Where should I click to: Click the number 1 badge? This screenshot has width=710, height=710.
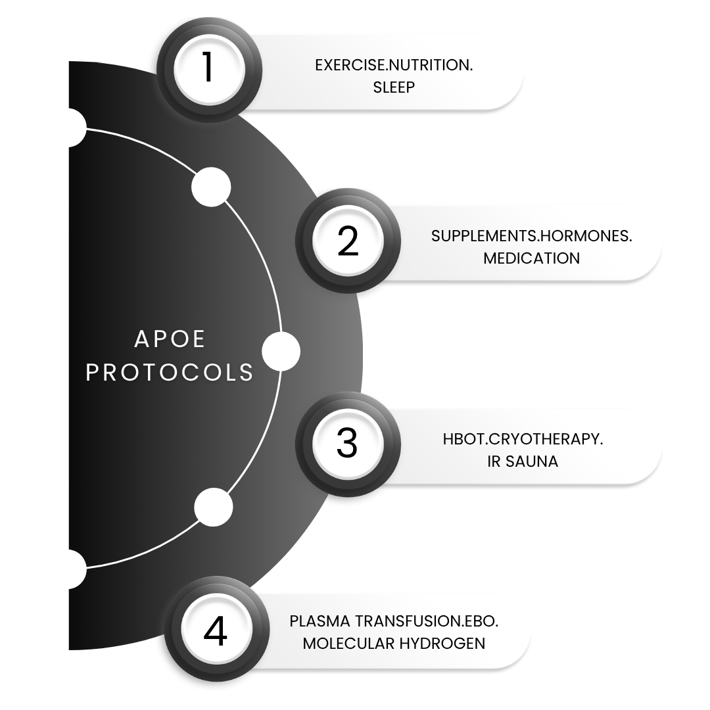point(208,69)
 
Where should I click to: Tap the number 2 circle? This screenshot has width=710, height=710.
point(346,241)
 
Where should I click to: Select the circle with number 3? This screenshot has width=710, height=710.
point(346,444)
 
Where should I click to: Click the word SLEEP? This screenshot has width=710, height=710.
point(394,87)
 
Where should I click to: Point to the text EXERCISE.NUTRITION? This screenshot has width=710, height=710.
point(394,66)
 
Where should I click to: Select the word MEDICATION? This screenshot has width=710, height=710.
point(531,258)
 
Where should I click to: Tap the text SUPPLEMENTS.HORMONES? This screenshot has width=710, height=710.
point(531,237)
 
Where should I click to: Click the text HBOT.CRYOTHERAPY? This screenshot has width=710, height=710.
point(523,439)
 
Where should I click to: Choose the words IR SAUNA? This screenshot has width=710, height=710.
point(523,461)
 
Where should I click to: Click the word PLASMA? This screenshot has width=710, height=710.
point(319,621)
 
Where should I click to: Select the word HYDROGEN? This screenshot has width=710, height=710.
point(442,643)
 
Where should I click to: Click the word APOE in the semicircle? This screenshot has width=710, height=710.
point(170,339)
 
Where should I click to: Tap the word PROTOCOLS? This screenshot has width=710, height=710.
point(170,372)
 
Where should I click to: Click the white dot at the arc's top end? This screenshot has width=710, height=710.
point(66,128)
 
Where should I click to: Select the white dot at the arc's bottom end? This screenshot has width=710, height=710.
point(66,568)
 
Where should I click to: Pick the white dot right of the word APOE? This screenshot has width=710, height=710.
point(281,351)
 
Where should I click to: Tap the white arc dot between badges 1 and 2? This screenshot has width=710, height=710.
point(210,187)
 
